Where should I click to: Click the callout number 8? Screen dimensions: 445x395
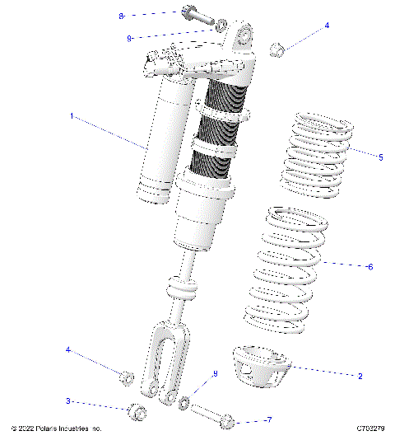[121, 16]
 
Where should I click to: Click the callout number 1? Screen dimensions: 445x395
[72, 117]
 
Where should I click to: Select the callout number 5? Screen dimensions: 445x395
[380, 157]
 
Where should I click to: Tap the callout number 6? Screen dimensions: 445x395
[370, 266]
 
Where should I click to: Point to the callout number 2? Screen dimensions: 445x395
[360, 376]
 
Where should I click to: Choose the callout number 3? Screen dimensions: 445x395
[68, 401]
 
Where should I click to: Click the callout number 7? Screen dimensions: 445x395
[268, 420]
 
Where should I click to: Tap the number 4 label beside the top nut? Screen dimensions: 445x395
[327, 26]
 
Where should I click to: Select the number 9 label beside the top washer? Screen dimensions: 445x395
[130, 38]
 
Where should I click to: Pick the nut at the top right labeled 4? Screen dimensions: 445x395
[276, 49]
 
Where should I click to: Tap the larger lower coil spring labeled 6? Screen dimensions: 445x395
[284, 268]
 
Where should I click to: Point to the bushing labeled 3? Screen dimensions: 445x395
[137, 410]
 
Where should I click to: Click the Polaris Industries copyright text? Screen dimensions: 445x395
[56, 429]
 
